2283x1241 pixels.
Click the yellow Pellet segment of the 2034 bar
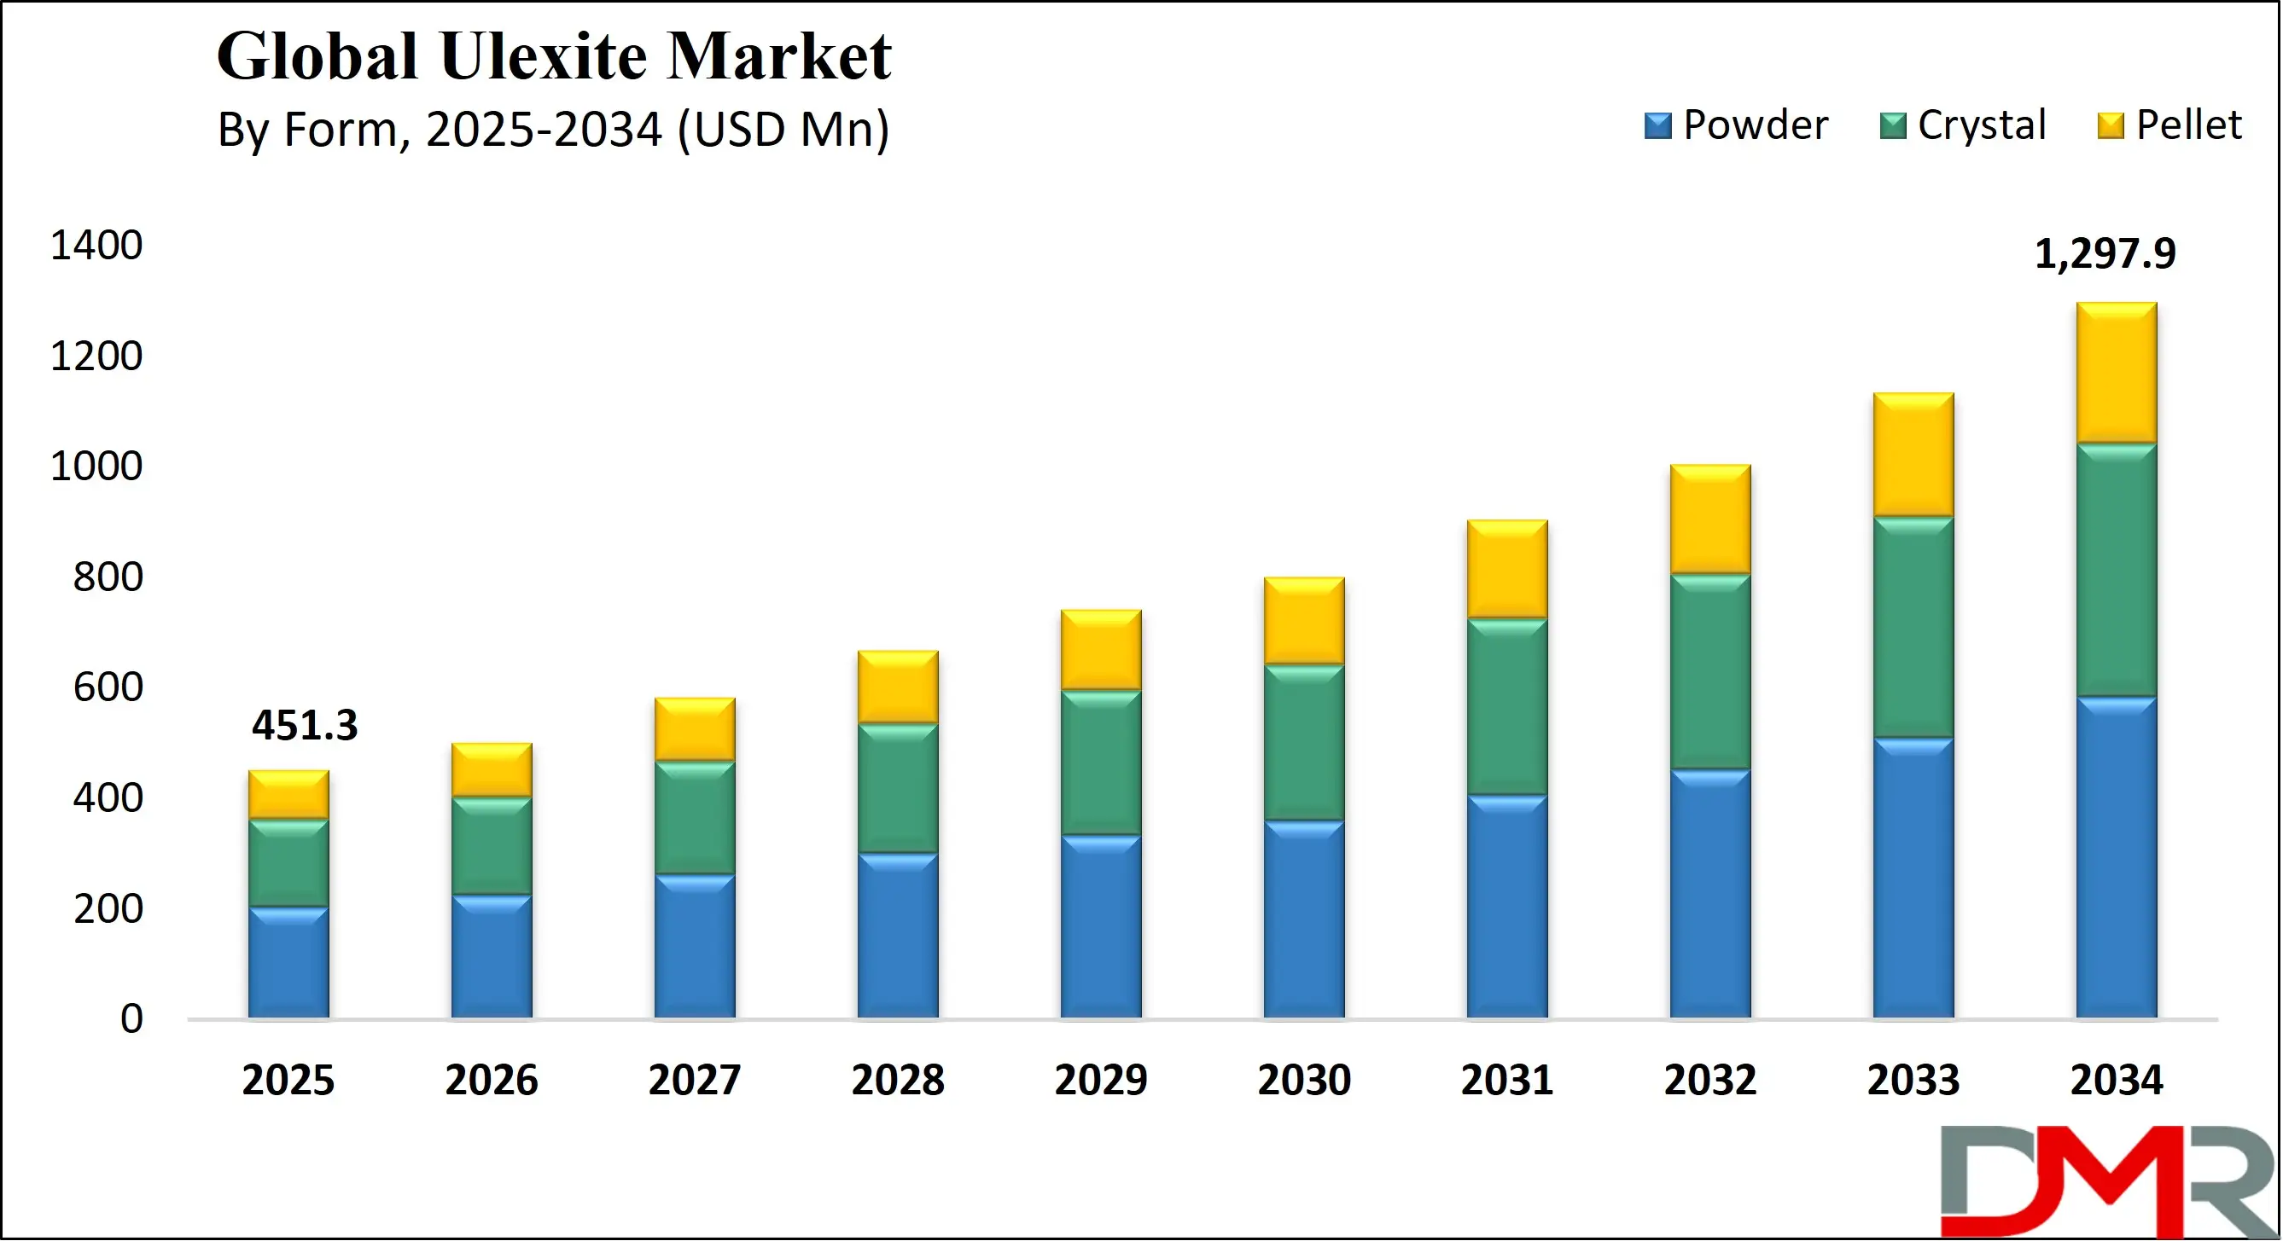point(2116,372)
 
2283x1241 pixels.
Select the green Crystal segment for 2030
point(1304,741)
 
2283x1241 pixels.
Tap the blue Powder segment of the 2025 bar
point(288,963)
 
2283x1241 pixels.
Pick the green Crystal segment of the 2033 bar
point(1913,626)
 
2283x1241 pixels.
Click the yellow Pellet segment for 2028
point(898,687)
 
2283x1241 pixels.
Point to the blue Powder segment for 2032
point(1709,893)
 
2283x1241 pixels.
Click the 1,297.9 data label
point(2104,254)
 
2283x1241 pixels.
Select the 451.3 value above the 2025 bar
point(304,726)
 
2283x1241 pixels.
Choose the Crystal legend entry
point(1962,125)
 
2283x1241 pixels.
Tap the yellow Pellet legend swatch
point(2111,125)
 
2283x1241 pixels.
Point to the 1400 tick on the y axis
point(96,246)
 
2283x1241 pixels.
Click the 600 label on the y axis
point(108,687)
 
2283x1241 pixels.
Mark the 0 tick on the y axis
point(131,1018)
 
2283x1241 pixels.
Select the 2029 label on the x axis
point(1101,1080)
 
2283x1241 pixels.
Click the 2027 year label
point(694,1080)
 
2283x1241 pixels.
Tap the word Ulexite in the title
point(543,56)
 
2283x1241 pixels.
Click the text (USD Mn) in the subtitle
point(783,130)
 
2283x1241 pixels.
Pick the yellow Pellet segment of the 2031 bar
point(1506,569)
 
